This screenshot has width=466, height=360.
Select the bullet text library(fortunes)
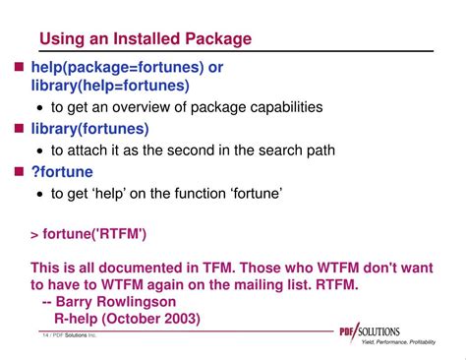[89, 129]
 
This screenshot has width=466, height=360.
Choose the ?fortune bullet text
[62, 172]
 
